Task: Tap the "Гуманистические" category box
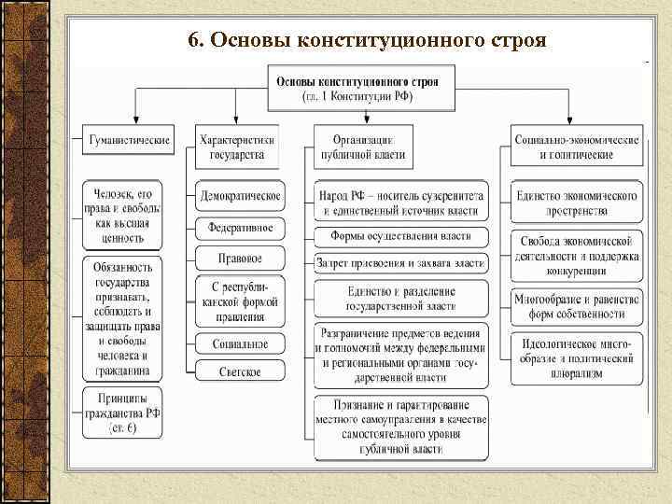click(x=130, y=141)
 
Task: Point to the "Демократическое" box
click(x=240, y=197)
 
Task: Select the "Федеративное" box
click(x=240, y=228)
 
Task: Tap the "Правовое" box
click(x=240, y=258)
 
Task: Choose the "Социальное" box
click(x=240, y=343)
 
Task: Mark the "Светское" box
click(x=240, y=371)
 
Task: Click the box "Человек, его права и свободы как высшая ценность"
click(x=122, y=215)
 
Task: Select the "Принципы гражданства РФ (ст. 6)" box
click(x=122, y=413)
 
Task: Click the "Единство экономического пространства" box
click(x=577, y=203)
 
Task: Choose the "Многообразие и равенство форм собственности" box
click(x=577, y=306)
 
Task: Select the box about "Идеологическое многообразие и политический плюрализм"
click(x=577, y=357)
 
